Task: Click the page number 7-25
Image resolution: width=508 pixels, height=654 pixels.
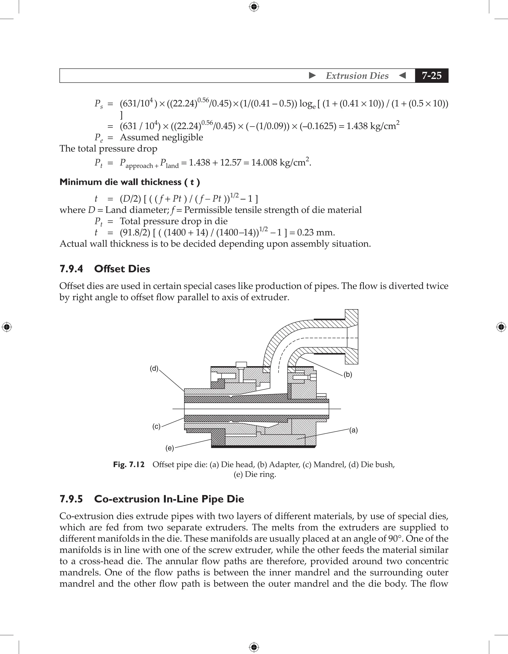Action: [431, 75]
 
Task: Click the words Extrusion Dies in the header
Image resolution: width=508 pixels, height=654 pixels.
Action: [357, 76]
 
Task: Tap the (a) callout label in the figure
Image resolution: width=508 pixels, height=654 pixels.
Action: [353, 430]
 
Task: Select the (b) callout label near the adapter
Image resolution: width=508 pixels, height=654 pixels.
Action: [348, 374]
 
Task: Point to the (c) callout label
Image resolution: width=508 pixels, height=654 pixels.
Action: [156, 426]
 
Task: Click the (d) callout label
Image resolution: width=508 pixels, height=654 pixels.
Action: [154, 369]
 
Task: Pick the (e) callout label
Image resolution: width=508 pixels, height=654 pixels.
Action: [169, 448]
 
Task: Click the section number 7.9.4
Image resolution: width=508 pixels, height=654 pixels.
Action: [71, 269]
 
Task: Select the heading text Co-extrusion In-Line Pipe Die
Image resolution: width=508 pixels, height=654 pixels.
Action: [169, 499]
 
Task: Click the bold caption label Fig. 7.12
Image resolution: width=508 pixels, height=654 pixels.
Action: [129, 464]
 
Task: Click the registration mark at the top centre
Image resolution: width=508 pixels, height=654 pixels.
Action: [254, 7]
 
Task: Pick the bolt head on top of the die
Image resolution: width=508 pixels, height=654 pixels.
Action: [241, 364]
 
